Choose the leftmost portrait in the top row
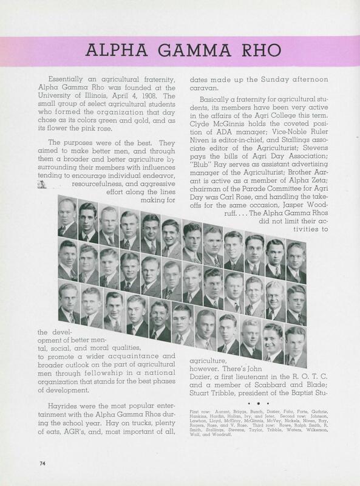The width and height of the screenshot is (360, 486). tap(67, 220)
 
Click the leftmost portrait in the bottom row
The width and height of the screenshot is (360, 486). tap(68, 303)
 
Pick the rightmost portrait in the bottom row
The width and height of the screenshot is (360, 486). tap(296, 346)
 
